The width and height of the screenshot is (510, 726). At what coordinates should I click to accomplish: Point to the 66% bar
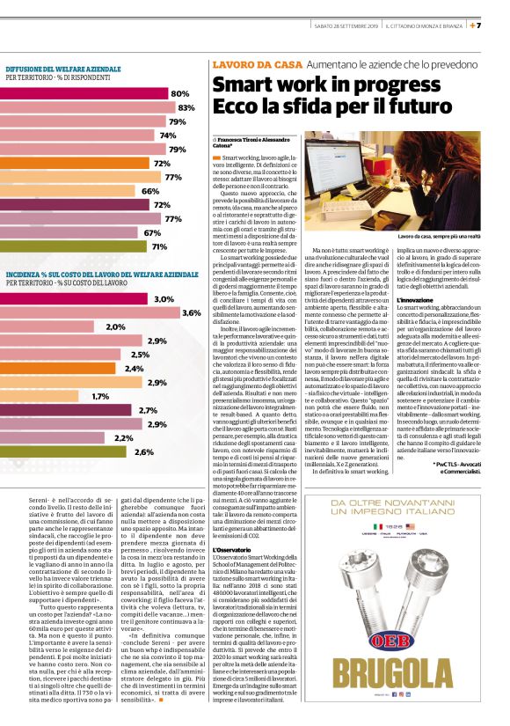[70, 191]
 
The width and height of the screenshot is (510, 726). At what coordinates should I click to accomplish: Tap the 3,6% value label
[190, 313]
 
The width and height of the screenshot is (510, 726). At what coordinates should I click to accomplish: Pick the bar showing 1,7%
[44, 397]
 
